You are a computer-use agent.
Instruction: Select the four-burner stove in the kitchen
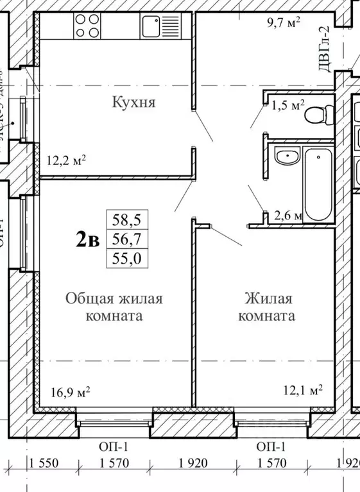coord(89,26)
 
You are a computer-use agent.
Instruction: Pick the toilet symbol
coord(318,115)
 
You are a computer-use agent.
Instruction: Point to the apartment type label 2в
coord(87,239)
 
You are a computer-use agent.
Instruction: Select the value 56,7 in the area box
coord(126,239)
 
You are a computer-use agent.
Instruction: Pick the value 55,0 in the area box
coord(126,259)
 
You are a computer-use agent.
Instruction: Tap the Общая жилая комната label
coord(114,307)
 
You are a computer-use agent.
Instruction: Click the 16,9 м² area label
coord(70,391)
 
